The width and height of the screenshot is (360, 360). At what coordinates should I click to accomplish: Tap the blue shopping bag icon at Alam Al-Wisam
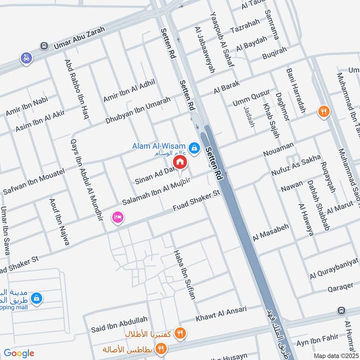pos(194,147)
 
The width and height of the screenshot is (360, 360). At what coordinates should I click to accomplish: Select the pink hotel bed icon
pos(118,217)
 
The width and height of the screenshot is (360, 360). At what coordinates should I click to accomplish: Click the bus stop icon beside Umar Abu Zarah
pos(44,46)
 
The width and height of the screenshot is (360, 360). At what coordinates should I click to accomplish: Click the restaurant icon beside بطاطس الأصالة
pos(161,348)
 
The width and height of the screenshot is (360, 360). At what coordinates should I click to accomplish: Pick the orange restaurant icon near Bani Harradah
pos(323,111)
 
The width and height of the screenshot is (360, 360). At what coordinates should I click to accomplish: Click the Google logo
pos(18,353)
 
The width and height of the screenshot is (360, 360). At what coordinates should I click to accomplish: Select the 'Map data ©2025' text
pos(335,355)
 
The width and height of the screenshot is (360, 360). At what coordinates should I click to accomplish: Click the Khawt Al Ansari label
pos(221,314)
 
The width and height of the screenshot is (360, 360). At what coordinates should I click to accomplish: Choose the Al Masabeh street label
pos(271,232)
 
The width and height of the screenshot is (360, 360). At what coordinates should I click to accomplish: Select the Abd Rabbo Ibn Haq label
pos(76,89)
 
